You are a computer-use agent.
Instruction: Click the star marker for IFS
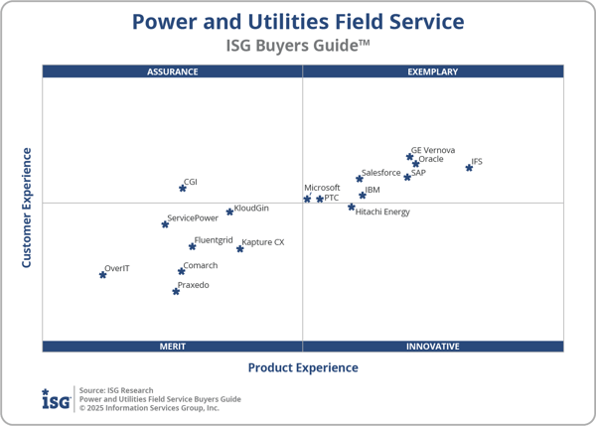tap(469, 168)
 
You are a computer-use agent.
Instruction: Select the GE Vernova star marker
tap(409, 156)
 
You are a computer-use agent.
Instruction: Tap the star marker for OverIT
tap(102, 274)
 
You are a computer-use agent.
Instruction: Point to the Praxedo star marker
tap(176, 291)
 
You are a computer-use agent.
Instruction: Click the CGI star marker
tap(183, 188)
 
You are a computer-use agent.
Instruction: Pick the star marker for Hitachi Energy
tap(351, 208)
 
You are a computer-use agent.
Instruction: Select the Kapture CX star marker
tap(239, 248)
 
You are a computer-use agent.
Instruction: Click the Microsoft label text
tap(322, 188)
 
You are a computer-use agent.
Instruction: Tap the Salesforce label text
tap(381, 173)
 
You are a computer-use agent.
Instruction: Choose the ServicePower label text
tap(193, 217)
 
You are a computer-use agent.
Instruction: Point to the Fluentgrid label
tap(214, 240)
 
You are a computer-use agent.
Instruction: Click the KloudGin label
tap(251, 208)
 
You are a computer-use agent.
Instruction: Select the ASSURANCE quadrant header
tap(173, 71)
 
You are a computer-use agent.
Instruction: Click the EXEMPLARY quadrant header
tap(433, 71)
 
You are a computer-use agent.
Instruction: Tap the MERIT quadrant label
tap(173, 347)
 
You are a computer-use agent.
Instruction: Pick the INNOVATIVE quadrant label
tap(433, 347)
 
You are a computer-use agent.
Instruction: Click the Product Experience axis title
tap(303, 367)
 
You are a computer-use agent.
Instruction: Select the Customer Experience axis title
tap(27, 208)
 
